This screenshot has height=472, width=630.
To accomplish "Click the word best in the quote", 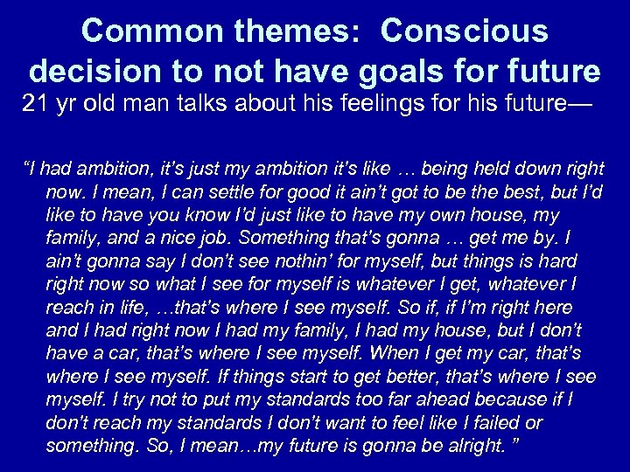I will pos(478,191).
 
